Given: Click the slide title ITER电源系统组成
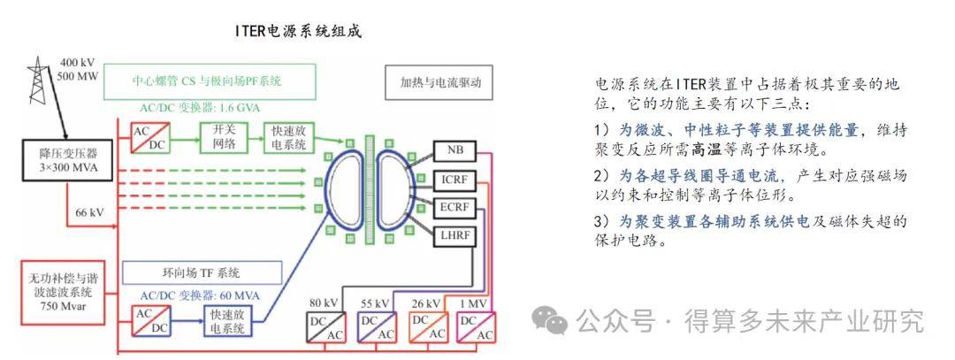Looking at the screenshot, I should coord(298,31).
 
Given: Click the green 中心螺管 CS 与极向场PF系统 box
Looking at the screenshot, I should coord(210,81).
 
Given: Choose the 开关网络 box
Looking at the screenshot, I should coord(220,137).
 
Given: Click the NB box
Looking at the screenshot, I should coord(455,151).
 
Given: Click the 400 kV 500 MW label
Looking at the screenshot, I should coord(79,69).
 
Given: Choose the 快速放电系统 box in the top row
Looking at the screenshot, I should coord(287,137).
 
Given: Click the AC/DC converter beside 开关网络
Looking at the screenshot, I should coord(151,136).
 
